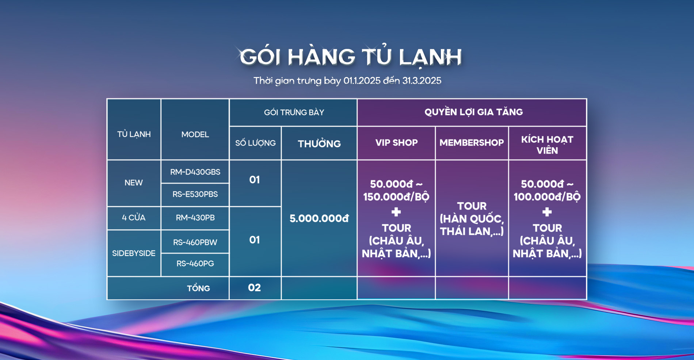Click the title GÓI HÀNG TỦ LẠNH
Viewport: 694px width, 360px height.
(351, 57)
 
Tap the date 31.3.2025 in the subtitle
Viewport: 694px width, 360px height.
(422, 81)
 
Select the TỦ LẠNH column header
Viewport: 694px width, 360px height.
(134, 134)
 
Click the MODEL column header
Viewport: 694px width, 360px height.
(195, 134)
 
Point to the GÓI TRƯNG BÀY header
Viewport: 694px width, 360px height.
(294, 112)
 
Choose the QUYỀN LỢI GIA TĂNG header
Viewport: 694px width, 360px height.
(473, 112)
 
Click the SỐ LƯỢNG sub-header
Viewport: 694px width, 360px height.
(255, 143)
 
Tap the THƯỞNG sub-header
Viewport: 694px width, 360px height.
(319, 143)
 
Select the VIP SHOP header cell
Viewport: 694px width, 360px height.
(396, 142)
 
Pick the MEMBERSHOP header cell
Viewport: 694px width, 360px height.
(472, 142)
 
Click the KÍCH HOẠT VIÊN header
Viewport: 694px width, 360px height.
(547, 145)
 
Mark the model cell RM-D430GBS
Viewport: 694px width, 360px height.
(195, 172)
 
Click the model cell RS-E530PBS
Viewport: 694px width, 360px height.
(195, 194)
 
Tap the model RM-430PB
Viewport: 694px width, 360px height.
(195, 218)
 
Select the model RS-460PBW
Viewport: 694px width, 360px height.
(195, 242)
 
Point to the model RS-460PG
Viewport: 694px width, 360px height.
(195, 263)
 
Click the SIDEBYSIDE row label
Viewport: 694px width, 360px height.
(134, 253)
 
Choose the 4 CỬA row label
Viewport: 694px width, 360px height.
(134, 218)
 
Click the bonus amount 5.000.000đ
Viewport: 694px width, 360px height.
(319, 218)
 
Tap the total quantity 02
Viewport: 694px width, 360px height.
(255, 288)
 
